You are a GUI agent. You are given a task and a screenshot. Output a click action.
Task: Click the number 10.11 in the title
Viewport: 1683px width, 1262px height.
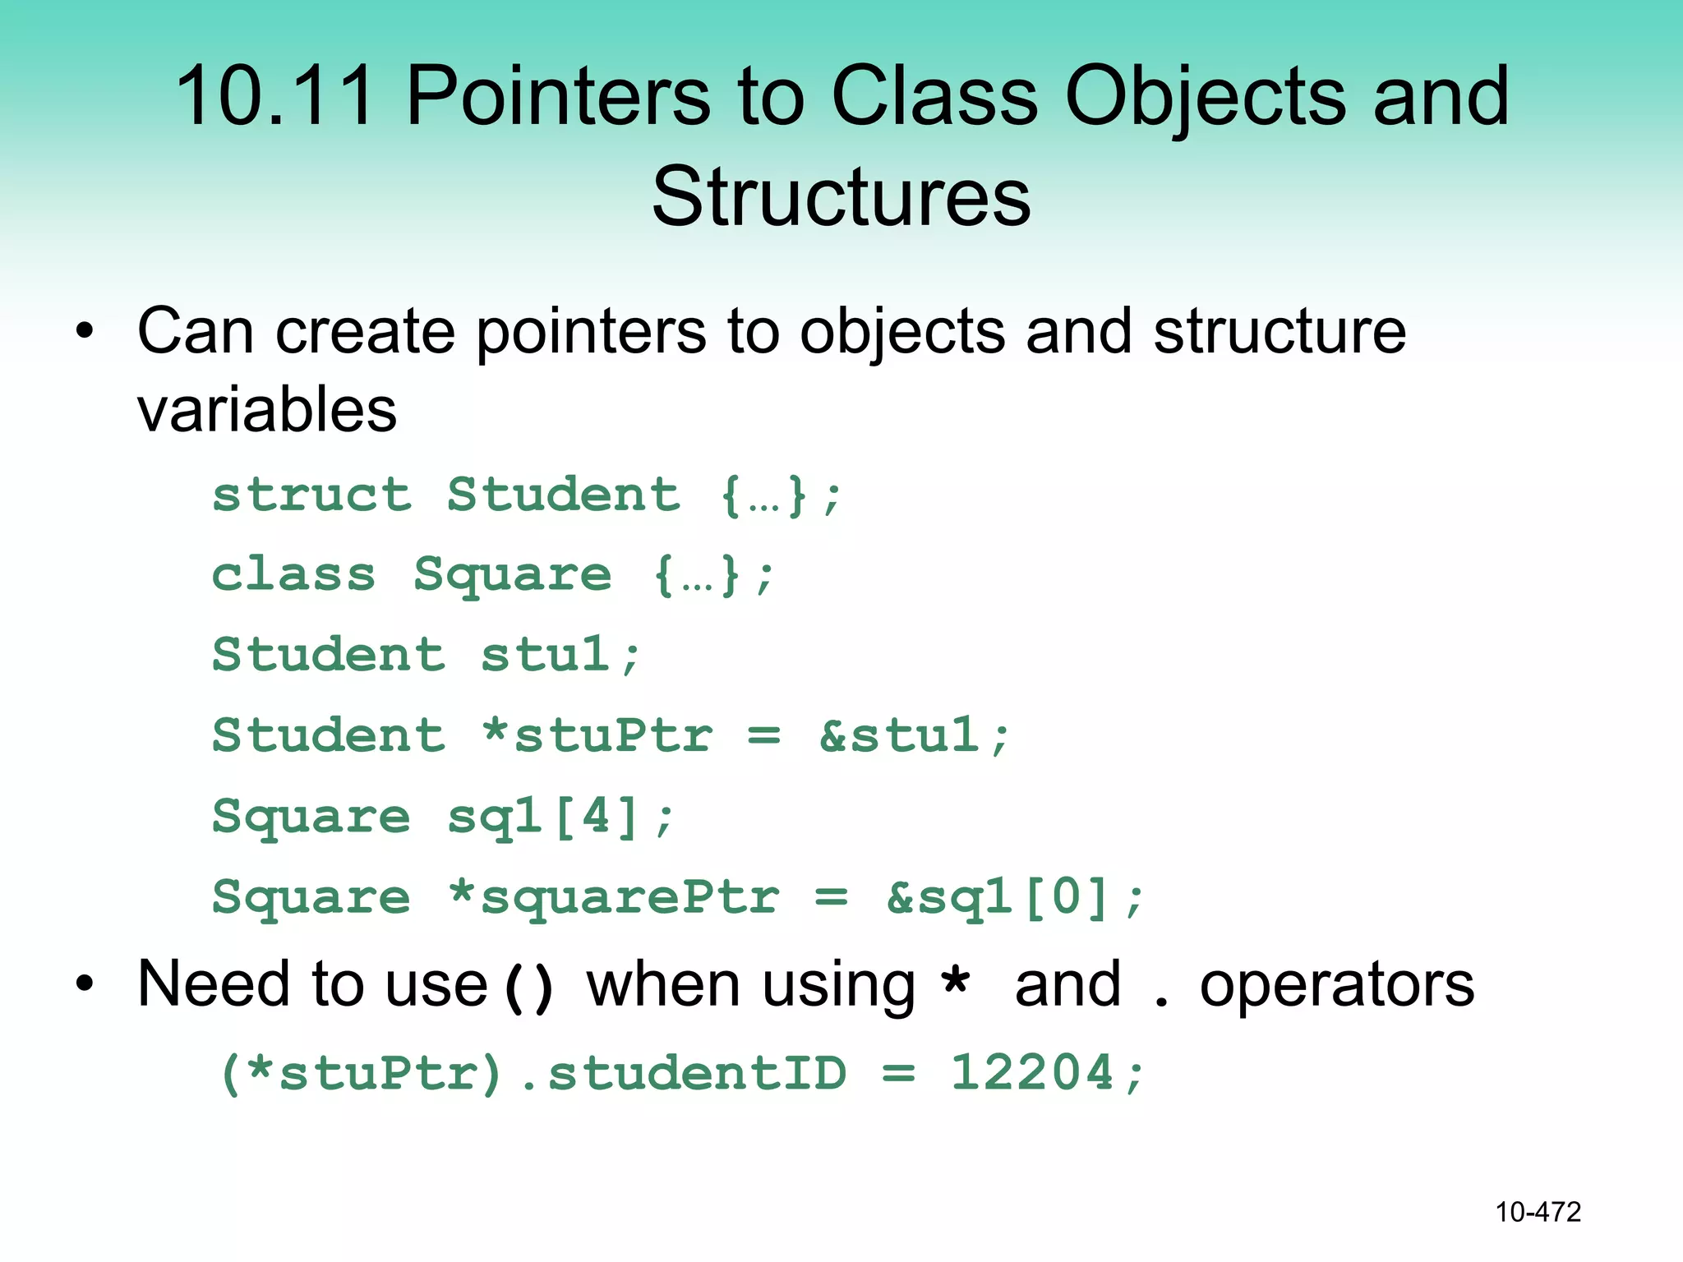click(x=275, y=97)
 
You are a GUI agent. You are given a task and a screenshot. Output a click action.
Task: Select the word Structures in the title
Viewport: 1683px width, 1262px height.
click(x=841, y=197)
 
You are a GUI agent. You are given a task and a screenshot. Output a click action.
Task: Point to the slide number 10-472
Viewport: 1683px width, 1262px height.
click(x=1538, y=1212)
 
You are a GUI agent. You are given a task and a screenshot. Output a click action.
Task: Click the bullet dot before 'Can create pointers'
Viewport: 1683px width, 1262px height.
click(x=85, y=332)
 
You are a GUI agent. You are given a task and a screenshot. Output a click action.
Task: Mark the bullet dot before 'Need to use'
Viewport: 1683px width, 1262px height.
click(x=85, y=983)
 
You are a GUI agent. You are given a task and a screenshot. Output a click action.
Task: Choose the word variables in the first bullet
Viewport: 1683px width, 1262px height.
click(x=267, y=409)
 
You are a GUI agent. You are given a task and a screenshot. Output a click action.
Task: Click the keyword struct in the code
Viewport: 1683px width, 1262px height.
click(x=311, y=495)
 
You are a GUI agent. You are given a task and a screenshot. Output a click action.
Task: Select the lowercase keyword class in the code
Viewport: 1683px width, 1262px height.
click(x=293, y=574)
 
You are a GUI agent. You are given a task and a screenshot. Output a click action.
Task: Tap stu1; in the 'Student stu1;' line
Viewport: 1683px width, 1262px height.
click(x=560, y=655)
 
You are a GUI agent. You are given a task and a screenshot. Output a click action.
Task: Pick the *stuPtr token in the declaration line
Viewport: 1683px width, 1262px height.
click(x=597, y=735)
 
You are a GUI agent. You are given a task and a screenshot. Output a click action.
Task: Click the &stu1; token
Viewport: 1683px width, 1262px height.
click(x=914, y=735)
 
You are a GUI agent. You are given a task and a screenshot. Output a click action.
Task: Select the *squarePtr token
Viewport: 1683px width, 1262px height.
click(x=614, y=896)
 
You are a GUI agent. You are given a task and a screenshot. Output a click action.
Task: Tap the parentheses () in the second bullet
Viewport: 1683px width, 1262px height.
click(x=528, y=987)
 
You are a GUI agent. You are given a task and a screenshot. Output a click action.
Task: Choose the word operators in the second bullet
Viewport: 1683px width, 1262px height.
click(x=1337, y=984)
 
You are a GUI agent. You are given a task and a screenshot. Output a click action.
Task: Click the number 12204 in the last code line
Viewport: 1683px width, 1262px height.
click(x=1032, y=1073)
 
